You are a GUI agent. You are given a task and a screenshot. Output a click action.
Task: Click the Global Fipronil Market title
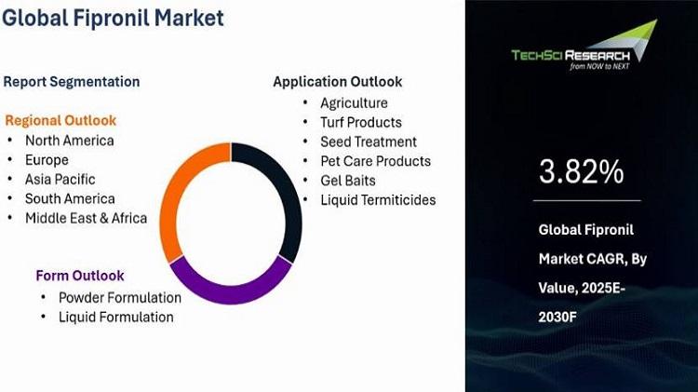(113, 19)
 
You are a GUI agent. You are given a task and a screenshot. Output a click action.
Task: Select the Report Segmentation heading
(72, 82)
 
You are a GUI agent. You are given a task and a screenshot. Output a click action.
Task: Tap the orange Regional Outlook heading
(60, 120)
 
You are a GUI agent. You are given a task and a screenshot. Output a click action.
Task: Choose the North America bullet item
(70, 141)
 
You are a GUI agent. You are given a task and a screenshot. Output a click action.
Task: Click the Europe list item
(47, 160)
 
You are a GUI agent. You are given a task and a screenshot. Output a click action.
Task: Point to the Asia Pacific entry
(60, 180)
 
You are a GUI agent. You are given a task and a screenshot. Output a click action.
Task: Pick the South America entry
(70, 198)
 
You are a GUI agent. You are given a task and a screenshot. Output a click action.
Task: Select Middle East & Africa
(86, 218)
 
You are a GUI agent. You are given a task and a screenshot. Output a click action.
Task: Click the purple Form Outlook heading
(80, 276)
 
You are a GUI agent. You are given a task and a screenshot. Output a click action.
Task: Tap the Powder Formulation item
(120, 298)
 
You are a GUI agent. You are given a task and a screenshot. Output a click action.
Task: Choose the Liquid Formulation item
(116, 318)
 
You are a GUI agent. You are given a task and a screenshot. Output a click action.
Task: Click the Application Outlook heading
(338, 82)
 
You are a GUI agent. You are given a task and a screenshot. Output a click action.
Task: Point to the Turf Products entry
(361, 123)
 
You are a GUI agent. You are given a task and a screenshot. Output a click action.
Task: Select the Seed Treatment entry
(369, 142)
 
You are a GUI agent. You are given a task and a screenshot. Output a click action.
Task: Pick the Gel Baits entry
(348, 181)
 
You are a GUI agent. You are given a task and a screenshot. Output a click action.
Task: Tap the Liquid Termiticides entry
(378, 200)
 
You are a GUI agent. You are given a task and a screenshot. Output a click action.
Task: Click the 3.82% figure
(581, 172)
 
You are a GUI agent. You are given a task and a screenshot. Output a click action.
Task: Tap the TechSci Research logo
(584, 46)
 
